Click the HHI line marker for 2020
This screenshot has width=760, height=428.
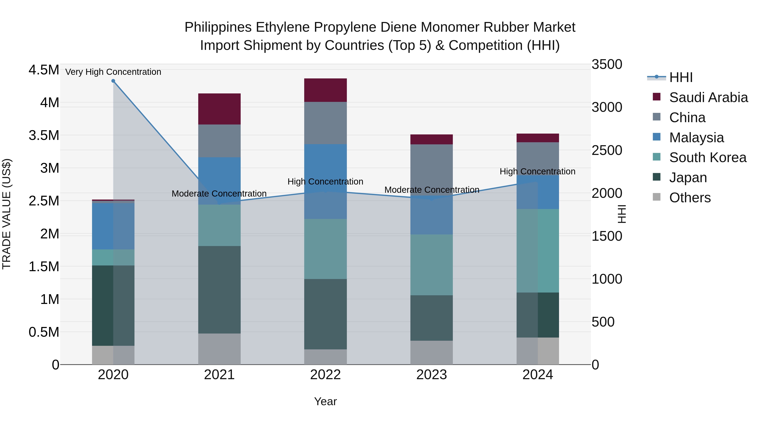[x=113, y=81]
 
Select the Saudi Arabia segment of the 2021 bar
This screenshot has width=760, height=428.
[x=219, y=109]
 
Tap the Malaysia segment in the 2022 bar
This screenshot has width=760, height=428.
[x=325, y=181]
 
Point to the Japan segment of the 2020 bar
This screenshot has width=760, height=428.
[x=113, y=305]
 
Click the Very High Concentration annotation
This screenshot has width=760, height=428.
[x=113, y=72]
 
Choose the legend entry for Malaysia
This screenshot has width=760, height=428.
[x=696, y=138]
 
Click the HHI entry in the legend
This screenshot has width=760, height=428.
[x=681, y=77]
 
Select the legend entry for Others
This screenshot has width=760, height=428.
[x=690, y=198]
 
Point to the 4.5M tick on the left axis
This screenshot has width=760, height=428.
[x=44, y=70]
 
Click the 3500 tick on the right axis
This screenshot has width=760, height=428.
[x=607, y=64]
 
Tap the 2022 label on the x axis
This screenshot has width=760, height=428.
[x=325, y=375]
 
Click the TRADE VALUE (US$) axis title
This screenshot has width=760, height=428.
[x=7, y=214]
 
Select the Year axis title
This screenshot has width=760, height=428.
[x=325, y=401]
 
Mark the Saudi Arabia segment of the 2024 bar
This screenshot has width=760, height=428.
[x=537, y=138]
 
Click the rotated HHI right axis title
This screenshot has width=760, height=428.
[x=622, y=214]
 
